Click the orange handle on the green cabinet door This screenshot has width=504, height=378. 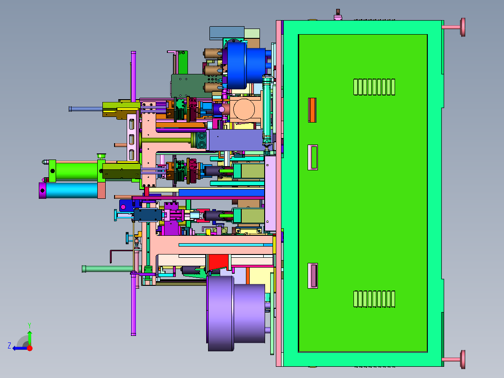click(x=312, y=110)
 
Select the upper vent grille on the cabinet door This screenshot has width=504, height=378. click(x=374, y=87)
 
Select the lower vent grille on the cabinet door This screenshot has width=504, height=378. click(x=374, y=299)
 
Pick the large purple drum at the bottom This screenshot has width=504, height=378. click(x=236, y=313)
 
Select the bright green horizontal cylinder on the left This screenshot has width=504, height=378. click(x=76, y=170)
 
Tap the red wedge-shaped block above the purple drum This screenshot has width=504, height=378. click(x=218, y=262)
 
